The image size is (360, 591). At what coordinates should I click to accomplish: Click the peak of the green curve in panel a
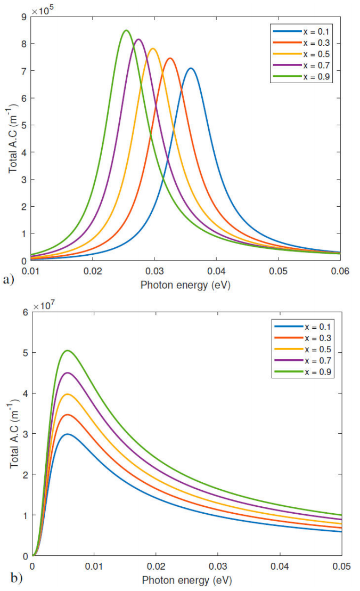coord(126,30)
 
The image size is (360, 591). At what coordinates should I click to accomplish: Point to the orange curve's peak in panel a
coord(170,58)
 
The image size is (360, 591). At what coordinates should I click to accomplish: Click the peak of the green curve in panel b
coord(67,350)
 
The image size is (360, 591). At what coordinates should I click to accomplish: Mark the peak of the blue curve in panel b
coord(67,434)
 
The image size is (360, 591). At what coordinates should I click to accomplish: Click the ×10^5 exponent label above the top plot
coord(43,10)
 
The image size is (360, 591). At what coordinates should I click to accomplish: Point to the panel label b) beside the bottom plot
coord(9,576)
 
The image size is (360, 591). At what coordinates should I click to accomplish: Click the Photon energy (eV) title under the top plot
coord(185,285)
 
